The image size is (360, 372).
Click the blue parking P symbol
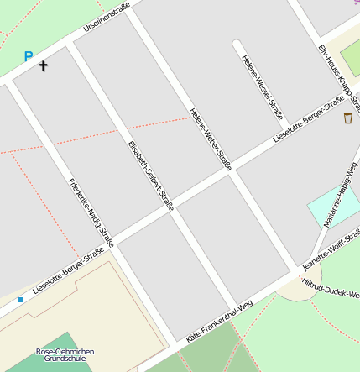tap(29, 57)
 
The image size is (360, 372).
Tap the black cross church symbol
tap(44, 65)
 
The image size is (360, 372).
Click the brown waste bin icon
tap(348, 118)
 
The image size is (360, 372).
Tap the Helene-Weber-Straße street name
tap(211, 139)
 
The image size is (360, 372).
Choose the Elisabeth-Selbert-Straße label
tap(150, 175)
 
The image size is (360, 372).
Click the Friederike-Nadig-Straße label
tap(91, 211)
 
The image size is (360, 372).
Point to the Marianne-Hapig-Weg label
tap(341, 196)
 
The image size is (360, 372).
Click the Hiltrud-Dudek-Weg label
tap(331, 290)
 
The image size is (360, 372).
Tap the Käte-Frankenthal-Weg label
tap(219, 322)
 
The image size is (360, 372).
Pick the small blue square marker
tap(20, 299)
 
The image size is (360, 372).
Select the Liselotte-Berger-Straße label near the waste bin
tap(310, 120)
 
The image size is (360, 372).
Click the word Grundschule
tap(65, 359)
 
